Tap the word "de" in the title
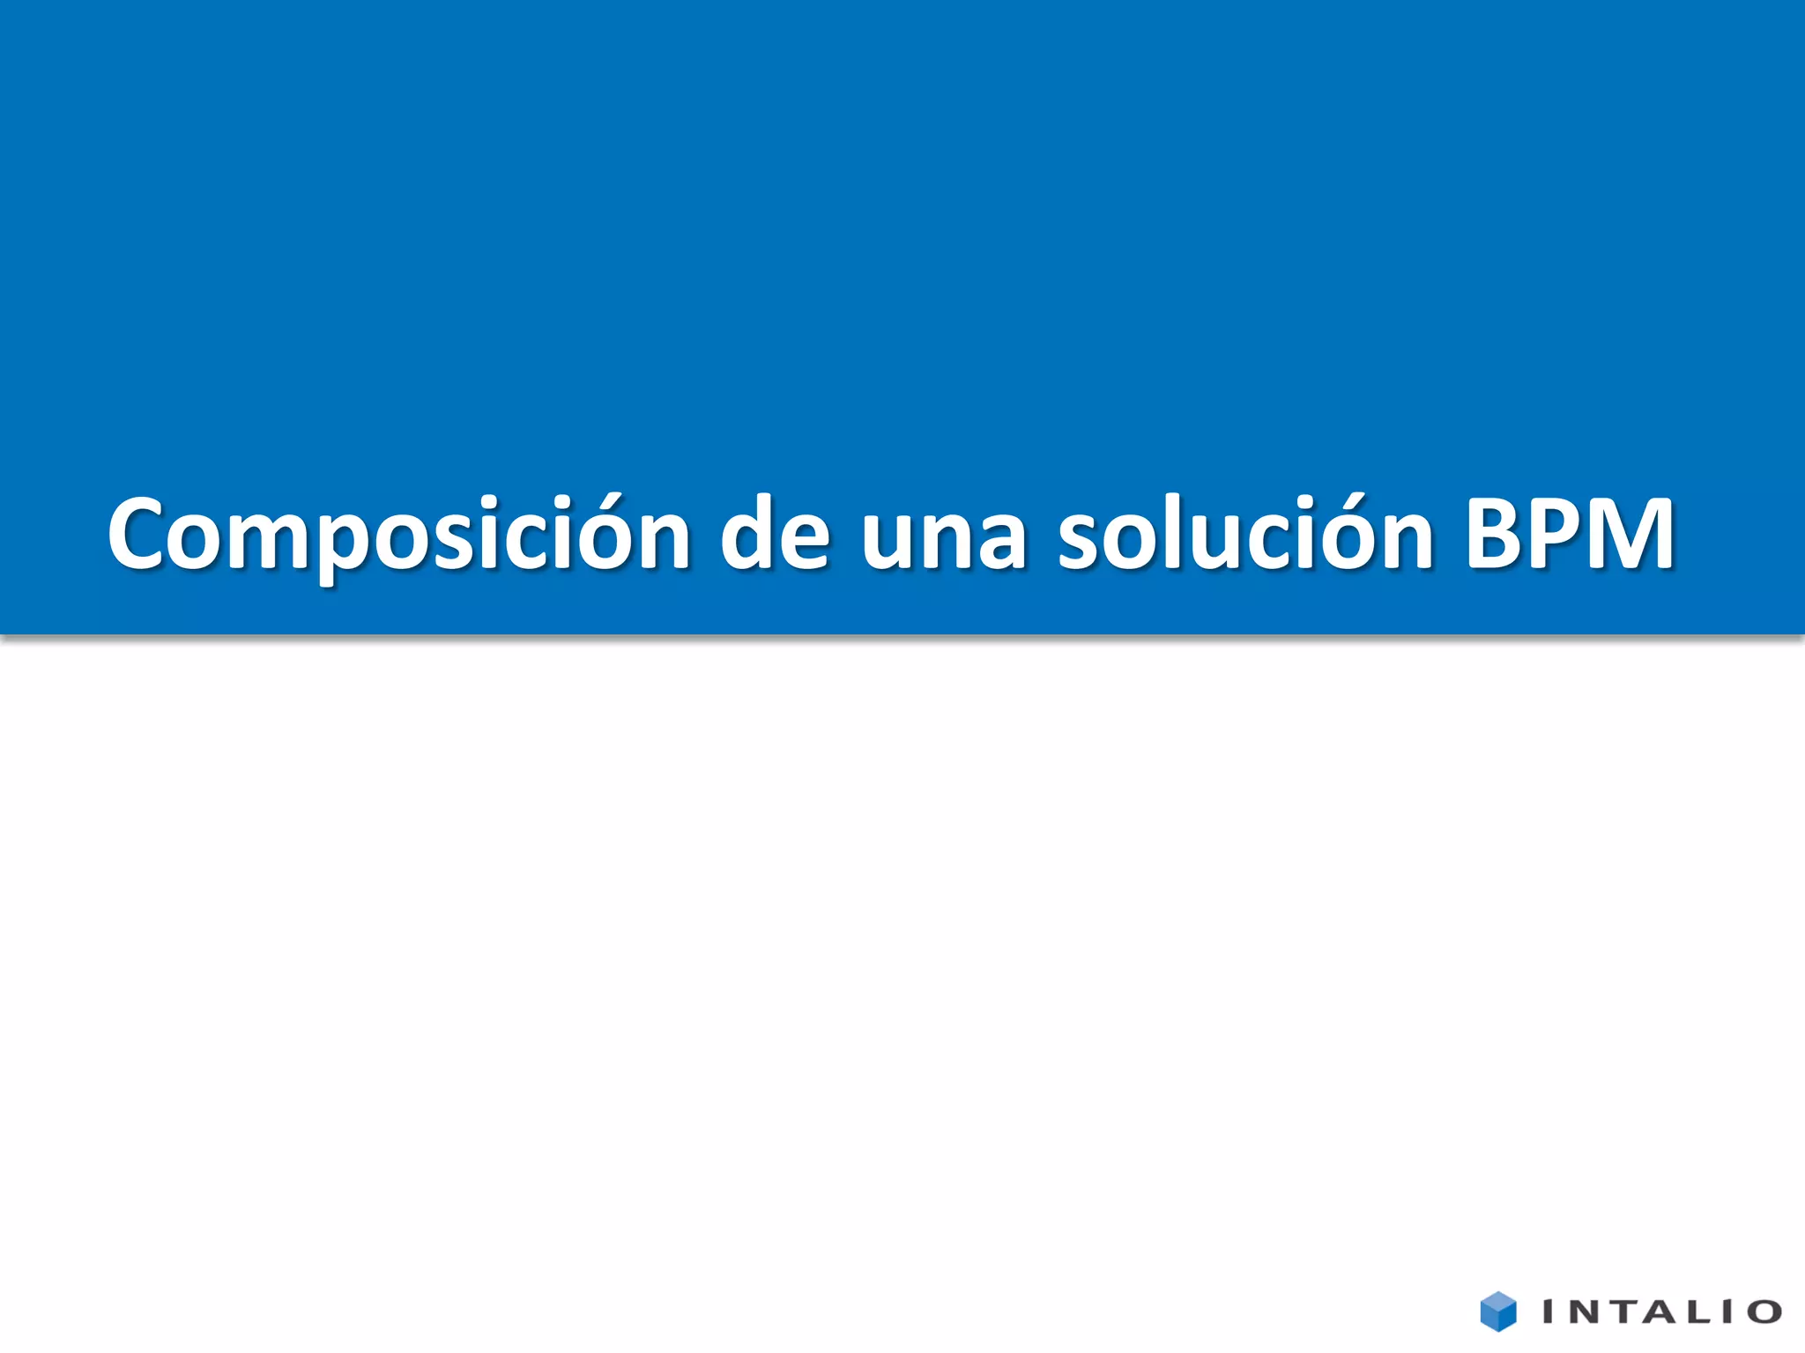click(x=775, y=535)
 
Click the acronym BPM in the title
click(x=1569, y=535)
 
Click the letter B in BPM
click(x=1492, y=535)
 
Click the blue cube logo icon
click(x=1497, y=1312)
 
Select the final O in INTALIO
click(x=1764, y=1312)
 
